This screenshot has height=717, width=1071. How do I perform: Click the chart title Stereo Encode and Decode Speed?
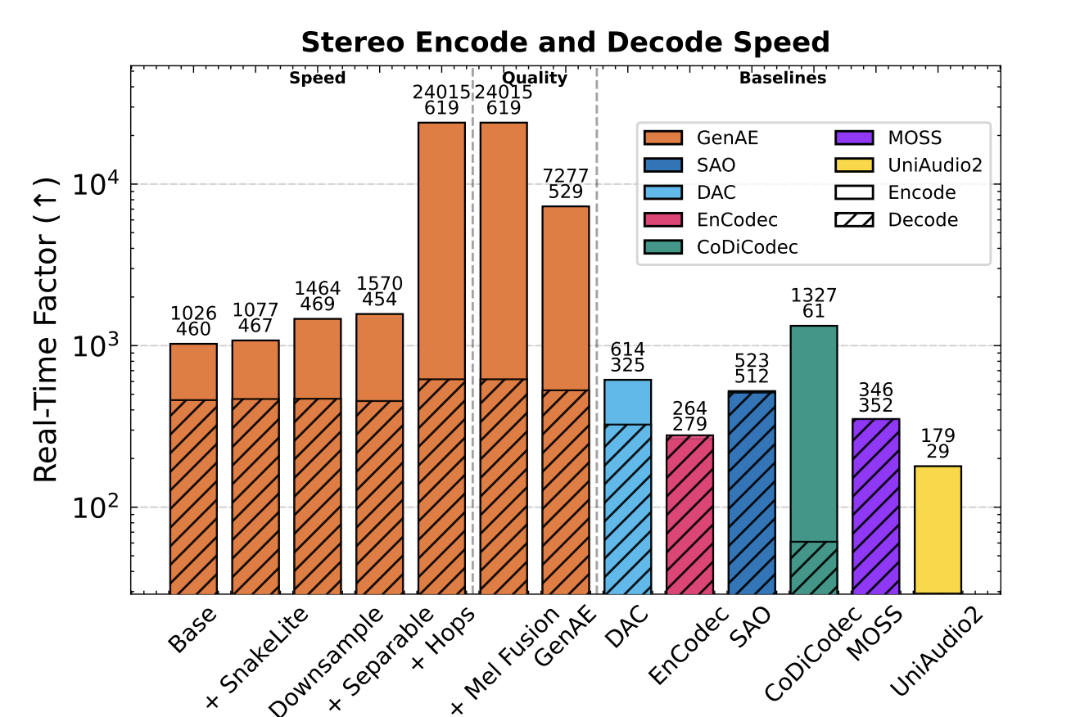click(x=565, y=41)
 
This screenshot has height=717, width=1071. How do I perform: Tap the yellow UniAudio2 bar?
click(x=938, y=529)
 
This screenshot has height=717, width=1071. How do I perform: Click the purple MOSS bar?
click(x=875, y=505)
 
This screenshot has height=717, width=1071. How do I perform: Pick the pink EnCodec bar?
click(x=689, y=513)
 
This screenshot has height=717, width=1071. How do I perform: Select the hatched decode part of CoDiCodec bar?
click(x=813, y=566)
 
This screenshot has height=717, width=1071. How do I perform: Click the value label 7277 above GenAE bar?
click(x=566, y=176)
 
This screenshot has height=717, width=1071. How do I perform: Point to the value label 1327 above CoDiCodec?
click(x=814, y=295)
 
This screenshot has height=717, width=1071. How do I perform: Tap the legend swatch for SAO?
click(x=663, y=165)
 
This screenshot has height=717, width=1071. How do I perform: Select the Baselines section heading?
click(x=782, y=79)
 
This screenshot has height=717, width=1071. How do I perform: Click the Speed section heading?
click(x=318, y=79)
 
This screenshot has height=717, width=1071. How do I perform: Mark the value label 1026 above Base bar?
click(x=193, y=313)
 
